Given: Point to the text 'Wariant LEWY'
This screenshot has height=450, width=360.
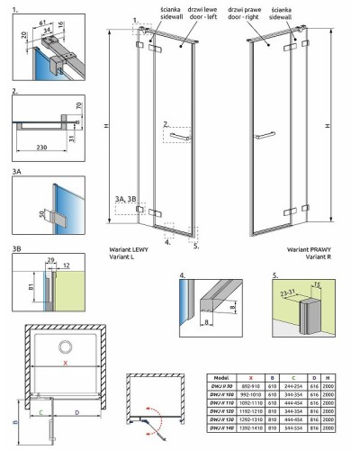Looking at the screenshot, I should (130, 247).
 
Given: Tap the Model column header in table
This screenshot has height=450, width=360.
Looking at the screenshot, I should (223, 377).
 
